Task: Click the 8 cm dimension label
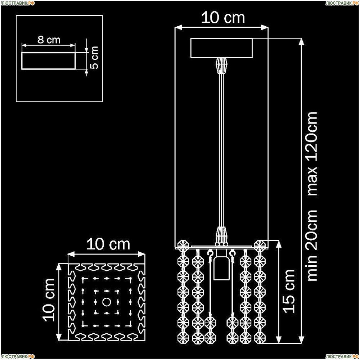(x=49, y=40)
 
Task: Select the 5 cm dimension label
(x=94, y=57)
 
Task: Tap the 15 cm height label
(x=289, y=291)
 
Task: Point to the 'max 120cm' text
(x=312, y=154)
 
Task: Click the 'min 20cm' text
(x=312, y=245)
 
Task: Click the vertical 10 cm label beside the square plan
(x=49, y=300)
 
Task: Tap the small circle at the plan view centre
(x=106, y=302)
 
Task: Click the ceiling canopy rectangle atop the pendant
(x=221, y=48)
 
